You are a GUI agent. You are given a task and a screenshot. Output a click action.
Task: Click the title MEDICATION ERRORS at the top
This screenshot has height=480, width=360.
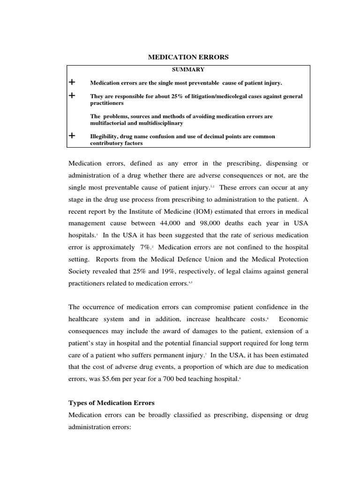(188, 57)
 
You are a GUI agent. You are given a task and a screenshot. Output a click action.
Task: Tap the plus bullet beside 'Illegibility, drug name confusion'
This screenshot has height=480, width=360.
(72, 136)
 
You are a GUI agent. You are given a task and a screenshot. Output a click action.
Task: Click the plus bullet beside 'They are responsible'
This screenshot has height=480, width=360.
(72, 96)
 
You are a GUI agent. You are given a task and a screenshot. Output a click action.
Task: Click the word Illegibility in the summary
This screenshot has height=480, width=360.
(105, 136)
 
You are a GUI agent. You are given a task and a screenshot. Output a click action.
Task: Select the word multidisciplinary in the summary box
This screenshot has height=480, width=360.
(158, 123)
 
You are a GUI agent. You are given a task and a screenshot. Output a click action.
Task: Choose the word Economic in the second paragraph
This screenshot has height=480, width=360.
(293, 319)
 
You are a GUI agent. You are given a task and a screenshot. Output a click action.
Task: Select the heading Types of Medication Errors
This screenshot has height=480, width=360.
(112, 403)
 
